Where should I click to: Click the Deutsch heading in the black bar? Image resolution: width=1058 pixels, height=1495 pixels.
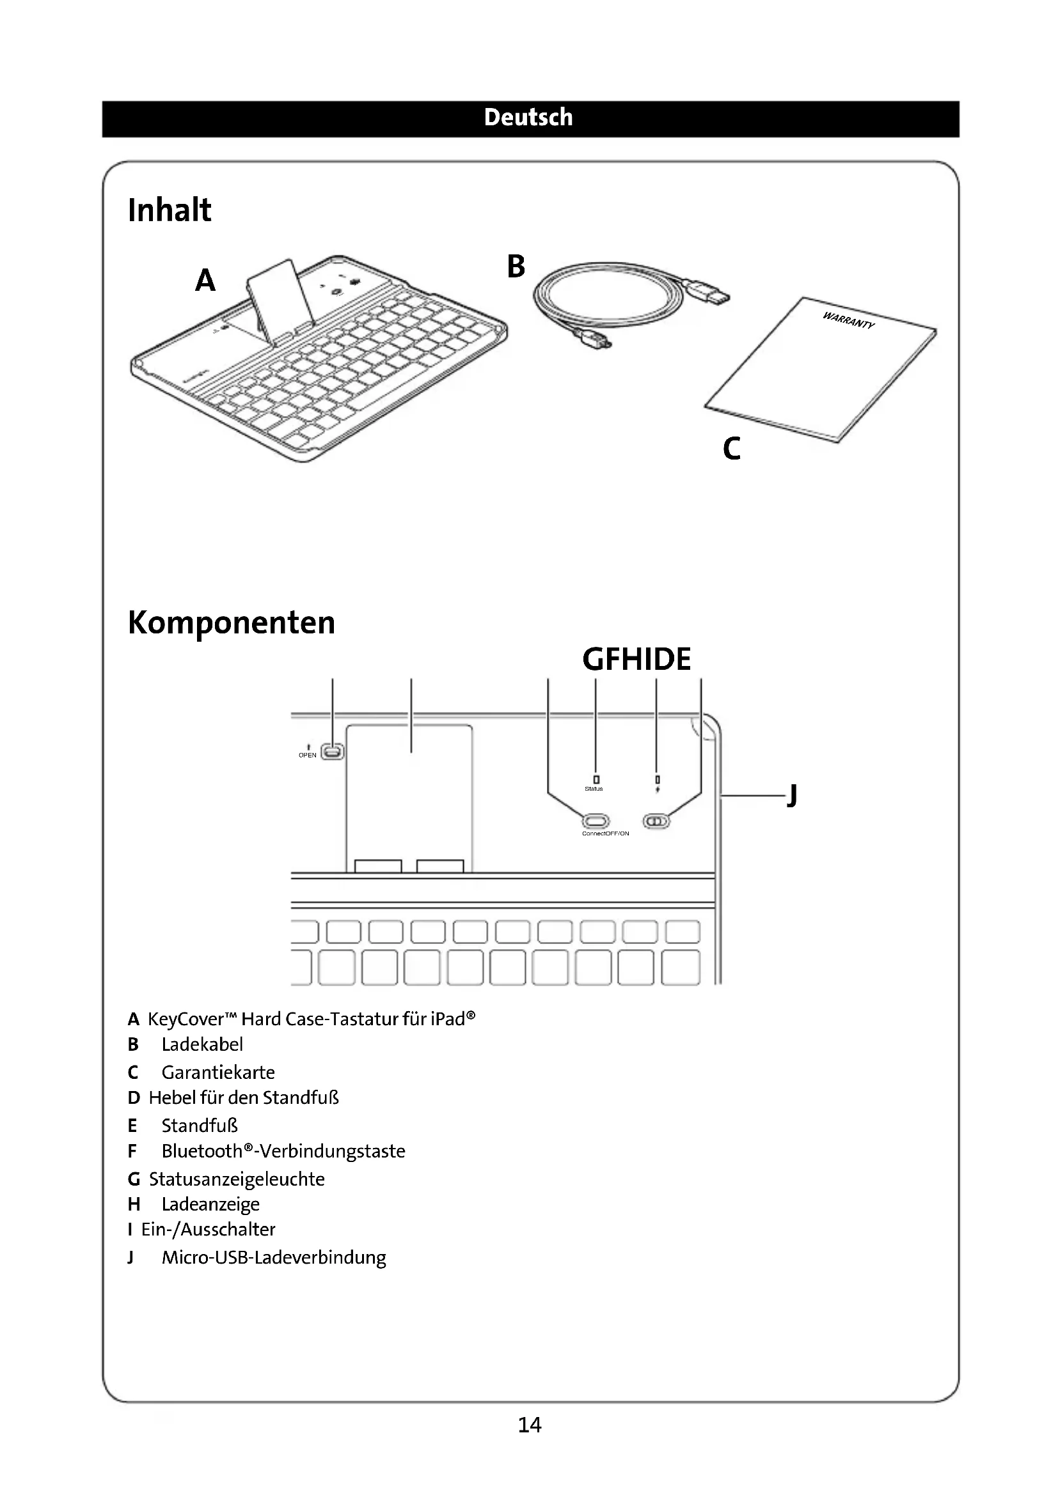528,118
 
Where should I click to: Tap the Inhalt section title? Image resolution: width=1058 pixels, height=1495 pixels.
170,210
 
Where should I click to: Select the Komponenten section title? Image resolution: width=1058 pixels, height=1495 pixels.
232,623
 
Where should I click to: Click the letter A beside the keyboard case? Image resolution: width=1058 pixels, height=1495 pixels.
205,281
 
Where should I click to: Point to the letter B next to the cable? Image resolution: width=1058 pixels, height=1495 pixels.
516,267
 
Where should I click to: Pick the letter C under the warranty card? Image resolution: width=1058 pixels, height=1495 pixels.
732,449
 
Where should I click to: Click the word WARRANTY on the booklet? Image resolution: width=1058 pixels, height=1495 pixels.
848,320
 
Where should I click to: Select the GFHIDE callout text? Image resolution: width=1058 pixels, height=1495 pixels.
636,659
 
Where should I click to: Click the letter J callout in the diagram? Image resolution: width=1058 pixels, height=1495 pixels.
792,795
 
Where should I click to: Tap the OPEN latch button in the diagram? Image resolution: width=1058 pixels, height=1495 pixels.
333,752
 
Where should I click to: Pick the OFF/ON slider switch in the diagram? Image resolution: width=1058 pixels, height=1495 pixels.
656,821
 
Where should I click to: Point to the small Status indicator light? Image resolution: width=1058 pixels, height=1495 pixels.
596,779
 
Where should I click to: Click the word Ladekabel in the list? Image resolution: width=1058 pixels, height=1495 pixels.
202,1044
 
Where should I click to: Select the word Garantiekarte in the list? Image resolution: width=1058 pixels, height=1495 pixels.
218,1073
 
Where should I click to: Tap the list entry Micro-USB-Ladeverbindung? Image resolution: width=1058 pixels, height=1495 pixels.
274,1257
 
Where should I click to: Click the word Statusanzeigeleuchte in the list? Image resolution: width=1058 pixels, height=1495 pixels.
237,1179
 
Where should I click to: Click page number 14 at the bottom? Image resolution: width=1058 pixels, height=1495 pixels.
529,1425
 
